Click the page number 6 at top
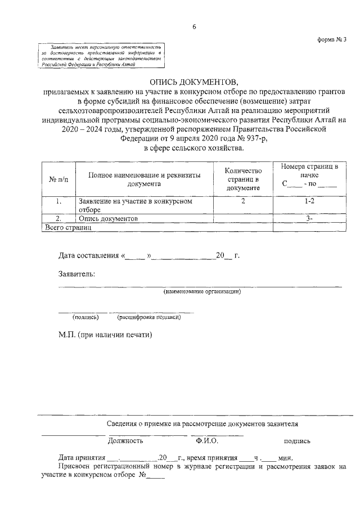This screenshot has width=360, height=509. click(193, 26)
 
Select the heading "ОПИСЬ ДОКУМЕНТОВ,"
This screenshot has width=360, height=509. click(194, 82)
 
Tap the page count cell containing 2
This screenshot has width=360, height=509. click(243, 201)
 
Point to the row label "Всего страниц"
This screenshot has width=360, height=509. click(67, 227)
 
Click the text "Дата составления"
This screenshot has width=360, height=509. click(88, 256)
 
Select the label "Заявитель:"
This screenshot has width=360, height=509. click(77, 274)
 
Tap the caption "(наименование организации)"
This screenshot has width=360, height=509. click(202, 292)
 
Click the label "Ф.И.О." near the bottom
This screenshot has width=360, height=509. click(207, 441)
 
